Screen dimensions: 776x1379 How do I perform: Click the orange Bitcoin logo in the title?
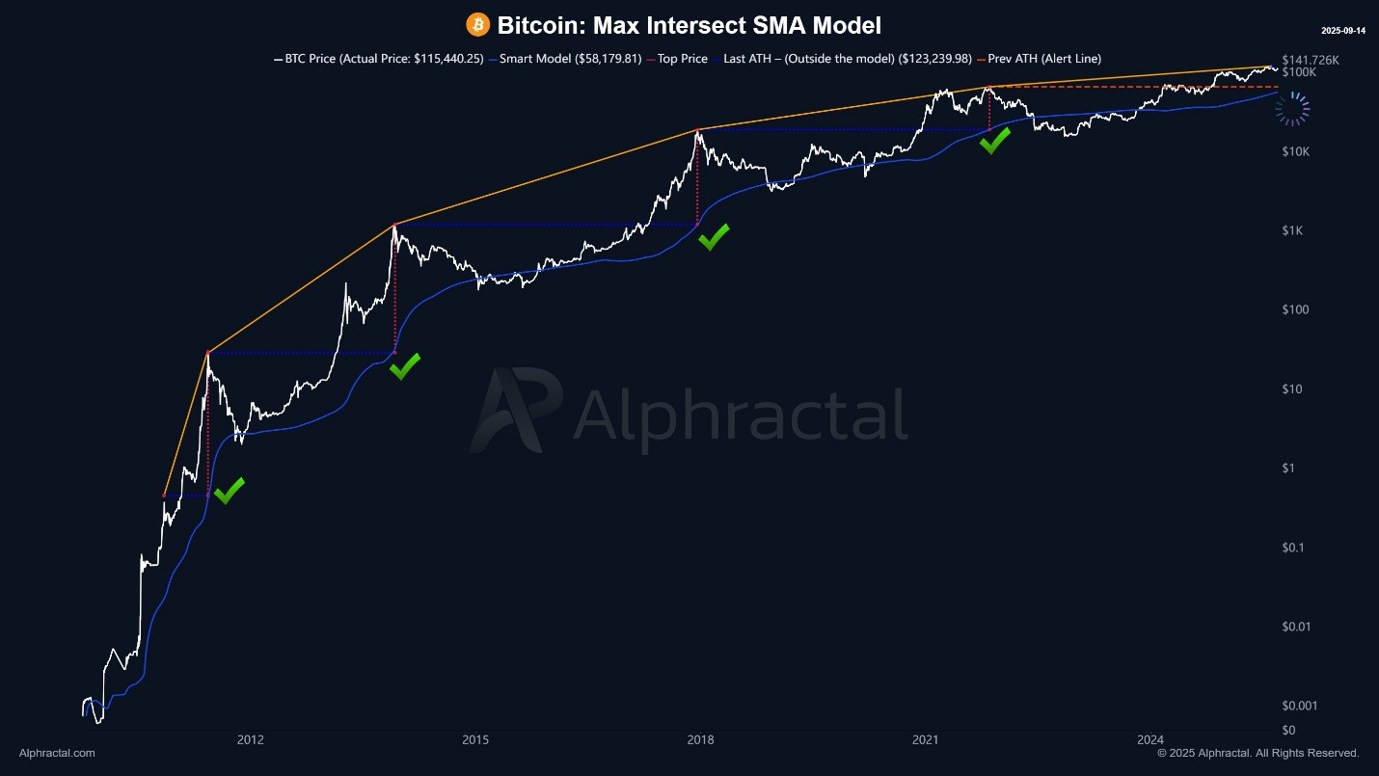477,25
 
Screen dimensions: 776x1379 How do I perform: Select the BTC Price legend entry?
379,59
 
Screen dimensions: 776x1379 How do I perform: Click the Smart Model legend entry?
566,59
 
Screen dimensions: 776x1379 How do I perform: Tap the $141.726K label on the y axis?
1311,60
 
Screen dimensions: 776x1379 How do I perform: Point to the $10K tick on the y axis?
1297,151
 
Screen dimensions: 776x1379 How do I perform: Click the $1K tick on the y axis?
1293,230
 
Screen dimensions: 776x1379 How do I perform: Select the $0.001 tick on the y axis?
1301,706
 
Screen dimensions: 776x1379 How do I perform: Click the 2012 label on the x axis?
251,740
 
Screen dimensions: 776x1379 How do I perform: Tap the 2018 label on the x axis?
700,740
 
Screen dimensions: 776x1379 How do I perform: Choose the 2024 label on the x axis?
1149,740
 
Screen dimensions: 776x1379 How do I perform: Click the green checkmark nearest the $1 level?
229,490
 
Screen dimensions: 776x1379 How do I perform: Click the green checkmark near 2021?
994,140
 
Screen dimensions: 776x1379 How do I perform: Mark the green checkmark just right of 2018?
714,236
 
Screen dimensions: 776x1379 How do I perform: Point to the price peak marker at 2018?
696,129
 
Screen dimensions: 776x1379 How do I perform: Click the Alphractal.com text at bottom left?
57,753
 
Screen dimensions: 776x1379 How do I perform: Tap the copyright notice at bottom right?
1257,753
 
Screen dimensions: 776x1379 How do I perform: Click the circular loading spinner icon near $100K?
1292,110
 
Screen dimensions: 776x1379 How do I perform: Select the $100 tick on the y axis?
1295,309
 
